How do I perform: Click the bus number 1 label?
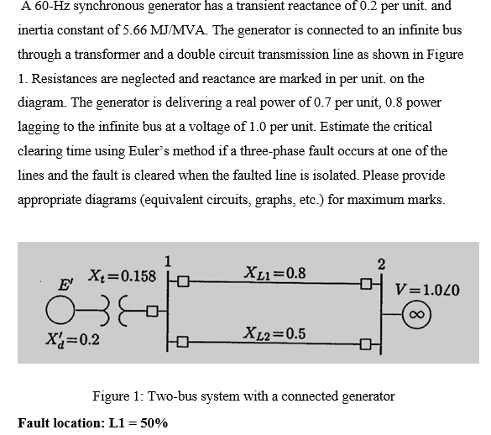[x=168, y=259]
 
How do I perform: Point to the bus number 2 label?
[x=383, y=265]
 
